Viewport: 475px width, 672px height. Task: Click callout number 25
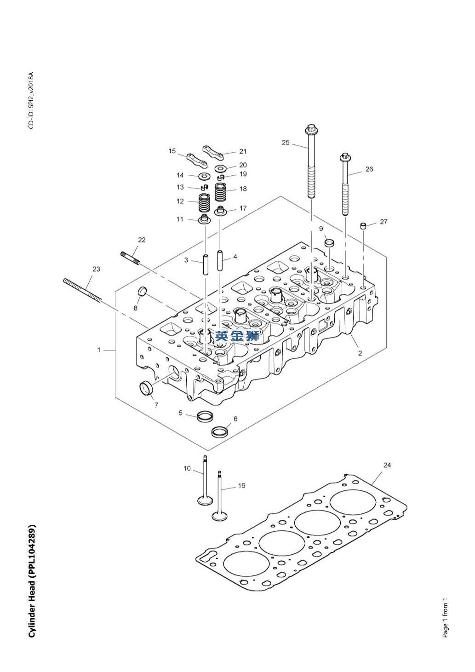point(286,143)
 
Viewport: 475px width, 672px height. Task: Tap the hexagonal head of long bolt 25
point(311,128)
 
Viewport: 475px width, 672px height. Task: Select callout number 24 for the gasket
point(387,465)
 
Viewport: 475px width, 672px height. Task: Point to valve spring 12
point(204,202)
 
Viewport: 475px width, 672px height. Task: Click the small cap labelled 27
point(363,225)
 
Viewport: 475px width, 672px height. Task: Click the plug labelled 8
point(143,291)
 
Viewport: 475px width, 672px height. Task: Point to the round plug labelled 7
point(146,388)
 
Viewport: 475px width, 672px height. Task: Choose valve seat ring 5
point(205,417)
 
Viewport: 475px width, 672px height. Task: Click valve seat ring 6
point(219,431)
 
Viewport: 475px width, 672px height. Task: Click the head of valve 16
point(219,516)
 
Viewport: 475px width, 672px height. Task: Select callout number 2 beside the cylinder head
point(360,353)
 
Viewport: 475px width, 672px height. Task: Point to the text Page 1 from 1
point(445,618)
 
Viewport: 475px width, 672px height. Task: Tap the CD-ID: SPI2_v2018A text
point(31,100)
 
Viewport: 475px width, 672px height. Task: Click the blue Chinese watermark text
point(237,336)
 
